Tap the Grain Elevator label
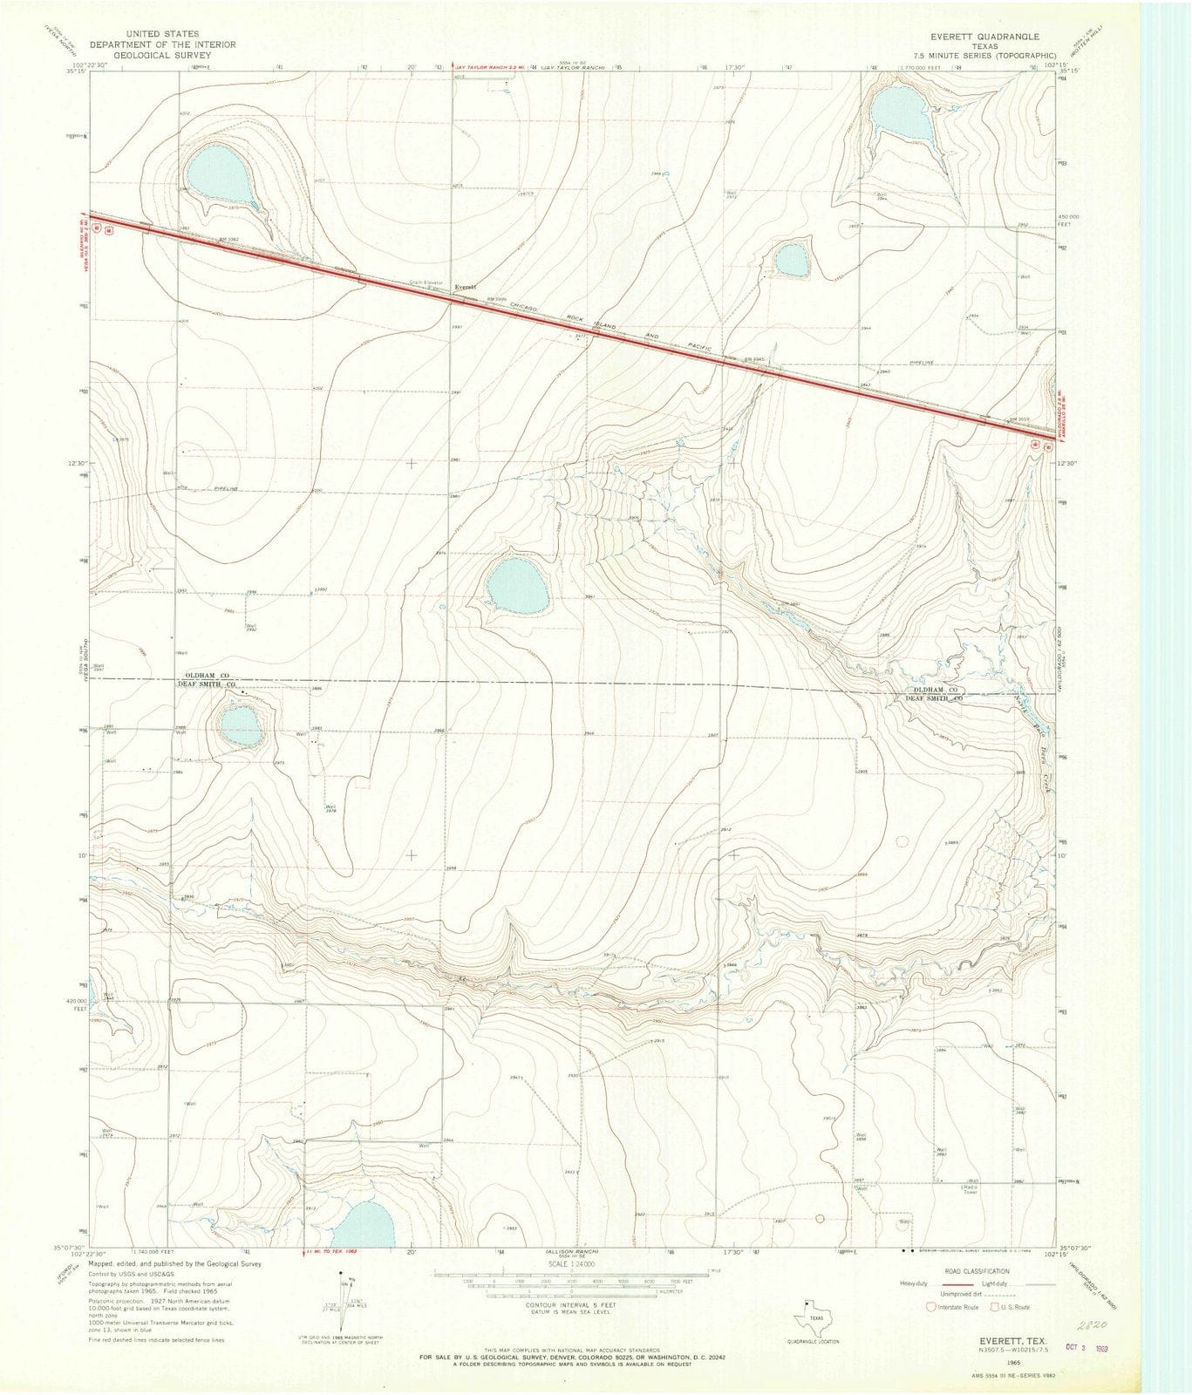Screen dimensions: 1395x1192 click(427, 282)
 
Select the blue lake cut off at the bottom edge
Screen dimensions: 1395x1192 click(364, 1226)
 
